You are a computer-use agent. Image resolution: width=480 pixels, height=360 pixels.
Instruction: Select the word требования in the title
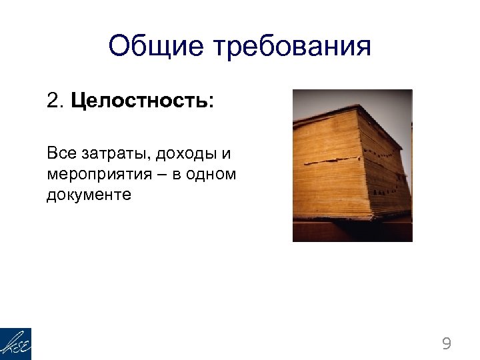pos(292,47)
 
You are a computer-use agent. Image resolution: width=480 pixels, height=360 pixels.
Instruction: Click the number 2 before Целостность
pos(54,102)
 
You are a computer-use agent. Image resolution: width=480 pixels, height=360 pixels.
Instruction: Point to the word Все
pos(61,154)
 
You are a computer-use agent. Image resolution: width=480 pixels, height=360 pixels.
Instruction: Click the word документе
pos(89,195)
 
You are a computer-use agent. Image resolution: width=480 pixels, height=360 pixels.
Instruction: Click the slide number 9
pos(446,344)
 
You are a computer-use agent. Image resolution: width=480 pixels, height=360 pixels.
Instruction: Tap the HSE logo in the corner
pos(15,344)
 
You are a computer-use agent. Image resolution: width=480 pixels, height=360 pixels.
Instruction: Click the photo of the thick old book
pos(352,165)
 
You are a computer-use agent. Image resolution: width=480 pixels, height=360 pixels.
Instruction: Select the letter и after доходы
pos(227,155)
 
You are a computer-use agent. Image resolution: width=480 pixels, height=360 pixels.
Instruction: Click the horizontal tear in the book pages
pos(333,162)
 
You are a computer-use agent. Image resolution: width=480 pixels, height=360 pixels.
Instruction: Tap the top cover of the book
pos(333,114)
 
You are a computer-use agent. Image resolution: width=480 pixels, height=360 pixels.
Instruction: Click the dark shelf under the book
pos(352,231)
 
